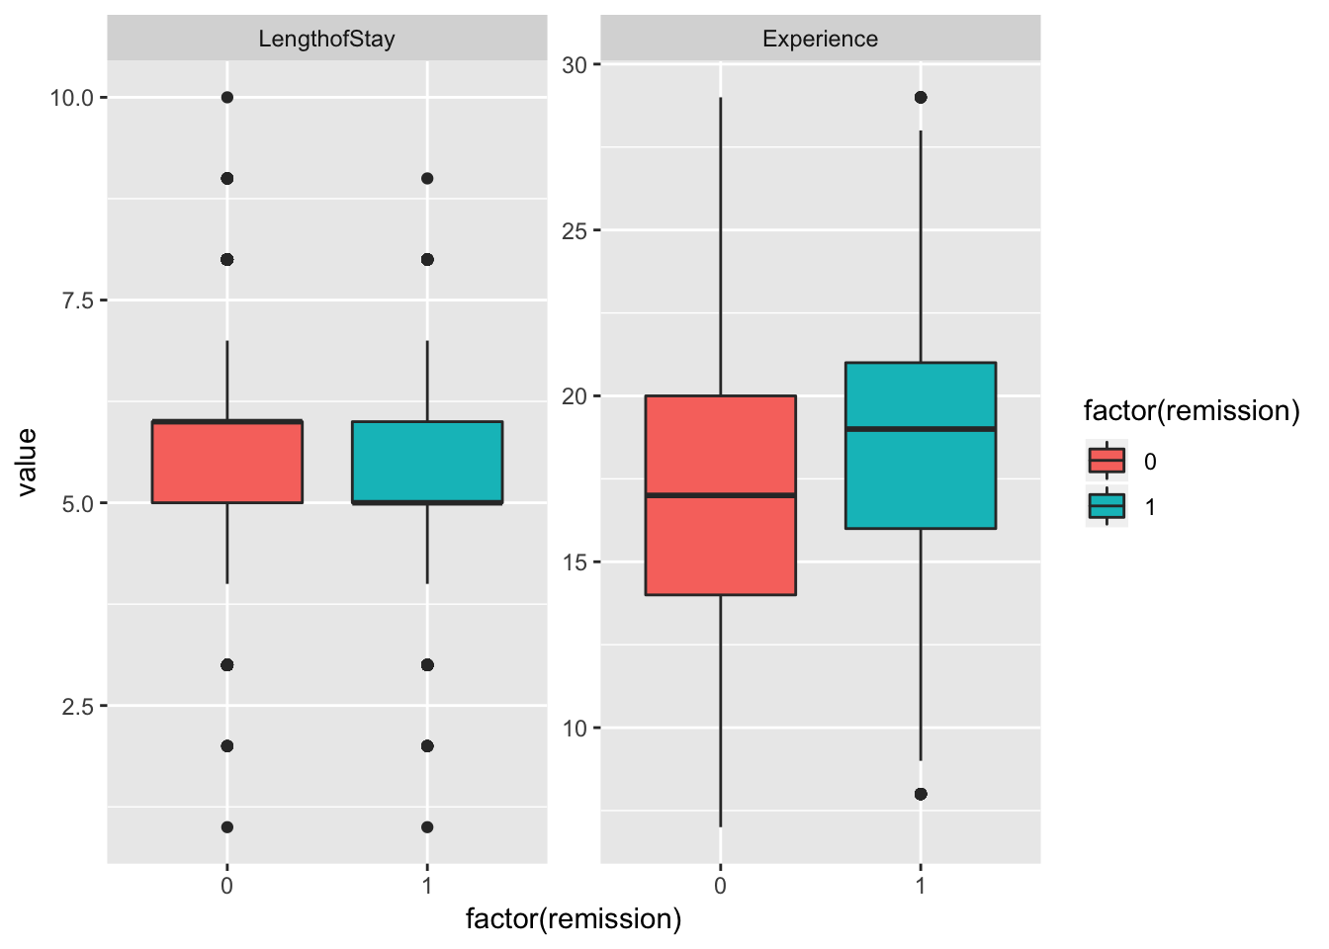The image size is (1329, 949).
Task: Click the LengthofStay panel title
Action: click(326, 40)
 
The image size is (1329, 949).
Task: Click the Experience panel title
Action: click(820, 40)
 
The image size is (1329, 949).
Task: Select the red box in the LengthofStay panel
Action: click(227, 462)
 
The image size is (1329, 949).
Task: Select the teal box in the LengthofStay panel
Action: click(427, 462)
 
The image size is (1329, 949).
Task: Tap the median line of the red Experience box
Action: click(720, 494)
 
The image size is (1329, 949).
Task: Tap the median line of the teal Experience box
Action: click(920, 428)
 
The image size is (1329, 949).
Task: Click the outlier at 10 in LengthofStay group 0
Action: click(227, 97)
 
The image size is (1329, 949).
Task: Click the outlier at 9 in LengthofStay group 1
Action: click(427, 178)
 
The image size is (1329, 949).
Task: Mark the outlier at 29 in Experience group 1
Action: click(921, 97)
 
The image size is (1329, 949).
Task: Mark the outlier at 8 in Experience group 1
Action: click(921, 794)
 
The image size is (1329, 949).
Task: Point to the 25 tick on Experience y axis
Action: click(575, 230)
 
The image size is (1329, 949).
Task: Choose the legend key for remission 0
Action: click(1107, 461)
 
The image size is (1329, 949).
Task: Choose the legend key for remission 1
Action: click(1107, 506)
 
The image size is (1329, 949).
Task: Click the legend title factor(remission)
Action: click(1191, 410)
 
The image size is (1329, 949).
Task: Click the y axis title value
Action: click(27, 462)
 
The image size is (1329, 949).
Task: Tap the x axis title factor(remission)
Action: click(574, 919)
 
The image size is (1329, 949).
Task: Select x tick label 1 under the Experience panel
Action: click(921, 886)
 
